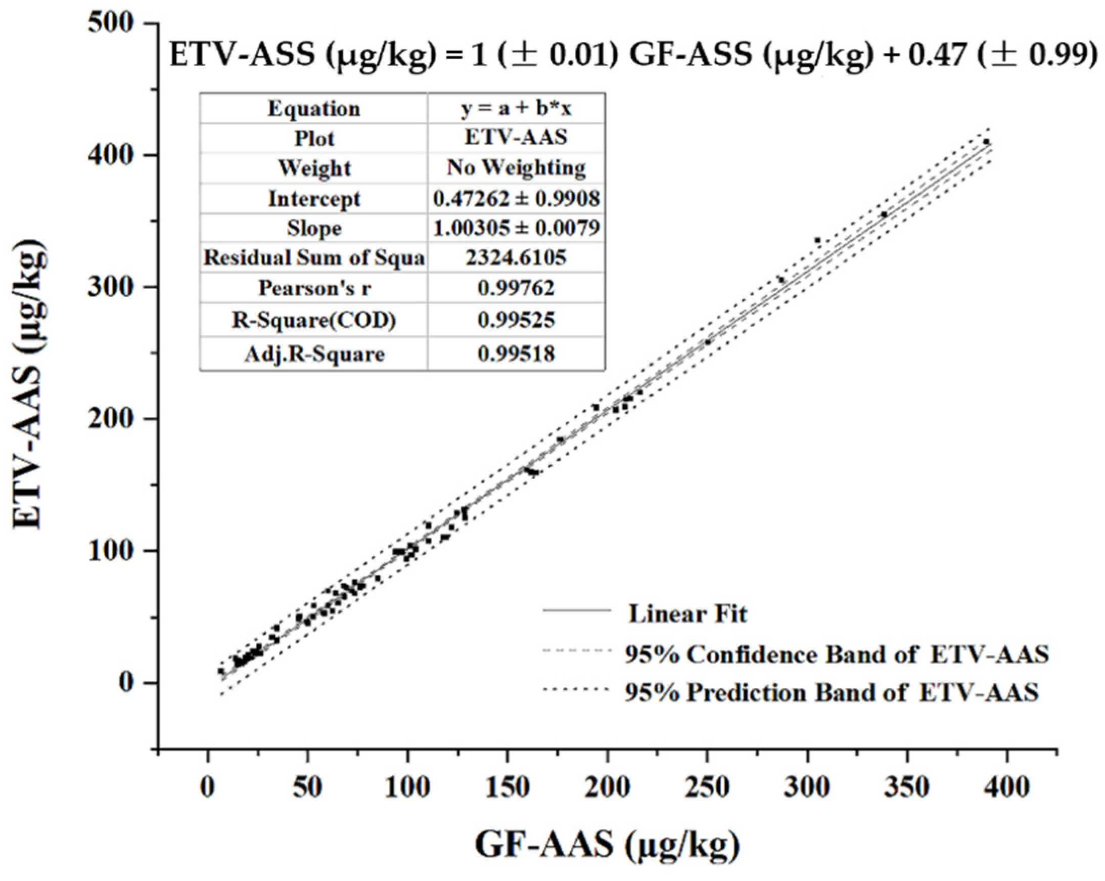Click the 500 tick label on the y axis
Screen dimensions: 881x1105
click(111, 24)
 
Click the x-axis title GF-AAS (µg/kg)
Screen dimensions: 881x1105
click(607, 845)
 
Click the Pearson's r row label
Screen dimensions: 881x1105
click(314, 288)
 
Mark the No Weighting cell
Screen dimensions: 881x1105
click(516, 168)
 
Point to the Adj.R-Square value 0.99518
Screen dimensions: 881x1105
click(516, 355)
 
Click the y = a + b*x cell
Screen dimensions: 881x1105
click(516, 109)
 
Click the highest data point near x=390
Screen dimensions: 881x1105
click(986, 142)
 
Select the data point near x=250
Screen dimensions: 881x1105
click(708, 342)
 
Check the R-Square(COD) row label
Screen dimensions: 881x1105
click(314, 321)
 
